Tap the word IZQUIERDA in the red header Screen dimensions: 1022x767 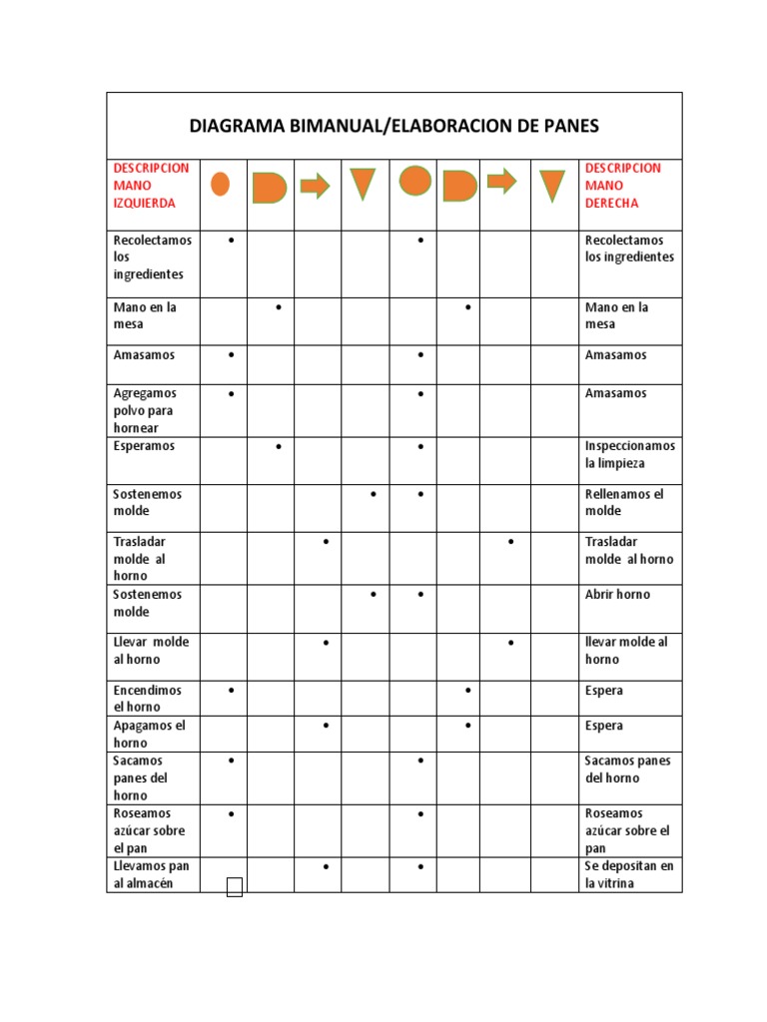tap(145, 203)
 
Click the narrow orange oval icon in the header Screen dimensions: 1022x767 tap(221, 185)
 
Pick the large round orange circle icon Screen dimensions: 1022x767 tap(415, 181)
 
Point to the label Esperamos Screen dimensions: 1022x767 tap(144, 446)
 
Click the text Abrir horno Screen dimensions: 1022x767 tap(617, 594)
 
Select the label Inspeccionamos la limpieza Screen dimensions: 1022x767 tap(629, 455)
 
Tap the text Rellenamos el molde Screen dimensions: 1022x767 tap(623, 502)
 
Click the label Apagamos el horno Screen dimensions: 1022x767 tap(149, 734)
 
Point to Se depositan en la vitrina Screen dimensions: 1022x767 tap(629, 874)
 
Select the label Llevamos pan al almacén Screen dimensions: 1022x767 tap(151, 874)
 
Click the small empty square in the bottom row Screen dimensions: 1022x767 tap(235, 887)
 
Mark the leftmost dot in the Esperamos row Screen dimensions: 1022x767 tap(278, 446)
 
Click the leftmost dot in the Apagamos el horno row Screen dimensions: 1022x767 tap(327, 726)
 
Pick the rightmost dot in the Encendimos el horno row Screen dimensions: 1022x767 tap(467, 690)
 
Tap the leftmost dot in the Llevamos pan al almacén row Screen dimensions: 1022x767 tap(327, 866)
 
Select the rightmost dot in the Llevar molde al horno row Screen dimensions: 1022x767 tap(511, 642)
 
